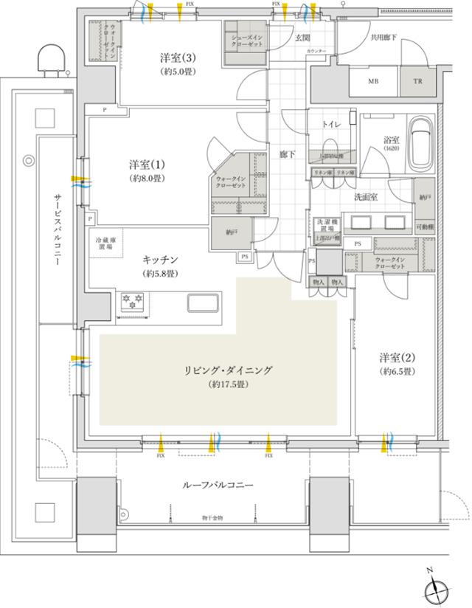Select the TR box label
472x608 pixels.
pos(418,81)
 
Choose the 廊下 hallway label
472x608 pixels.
pos(288,155)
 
